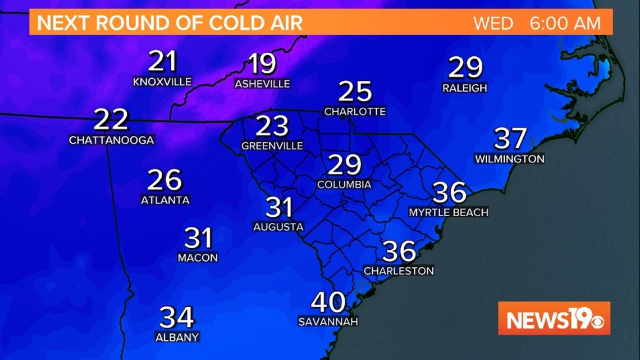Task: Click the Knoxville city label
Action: (x=162, y=82)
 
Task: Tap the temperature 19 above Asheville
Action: (x=262, y=64)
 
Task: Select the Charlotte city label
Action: (x=355, y=111)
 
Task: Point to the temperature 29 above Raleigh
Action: (x=465, y=67)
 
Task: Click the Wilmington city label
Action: (x=510, y=159)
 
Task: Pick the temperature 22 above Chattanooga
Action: (x=111, y=119)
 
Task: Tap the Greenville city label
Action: (x=272, y=146)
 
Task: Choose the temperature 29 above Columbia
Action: (x=344, y=164)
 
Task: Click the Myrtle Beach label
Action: (x=449, y=212)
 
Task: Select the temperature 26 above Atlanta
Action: (x=165, y=180)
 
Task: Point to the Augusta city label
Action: (x=278, y=227)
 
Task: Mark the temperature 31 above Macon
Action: (x=198, y=238)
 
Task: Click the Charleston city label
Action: (x=399, y=271)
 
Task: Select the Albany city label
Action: (x=177, y=338)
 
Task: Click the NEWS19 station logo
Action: (x=554, y=319)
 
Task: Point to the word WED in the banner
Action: (x=493, y=24)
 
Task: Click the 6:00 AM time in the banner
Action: (x=565, y=24)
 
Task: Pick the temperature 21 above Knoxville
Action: (x=162, y=62)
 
